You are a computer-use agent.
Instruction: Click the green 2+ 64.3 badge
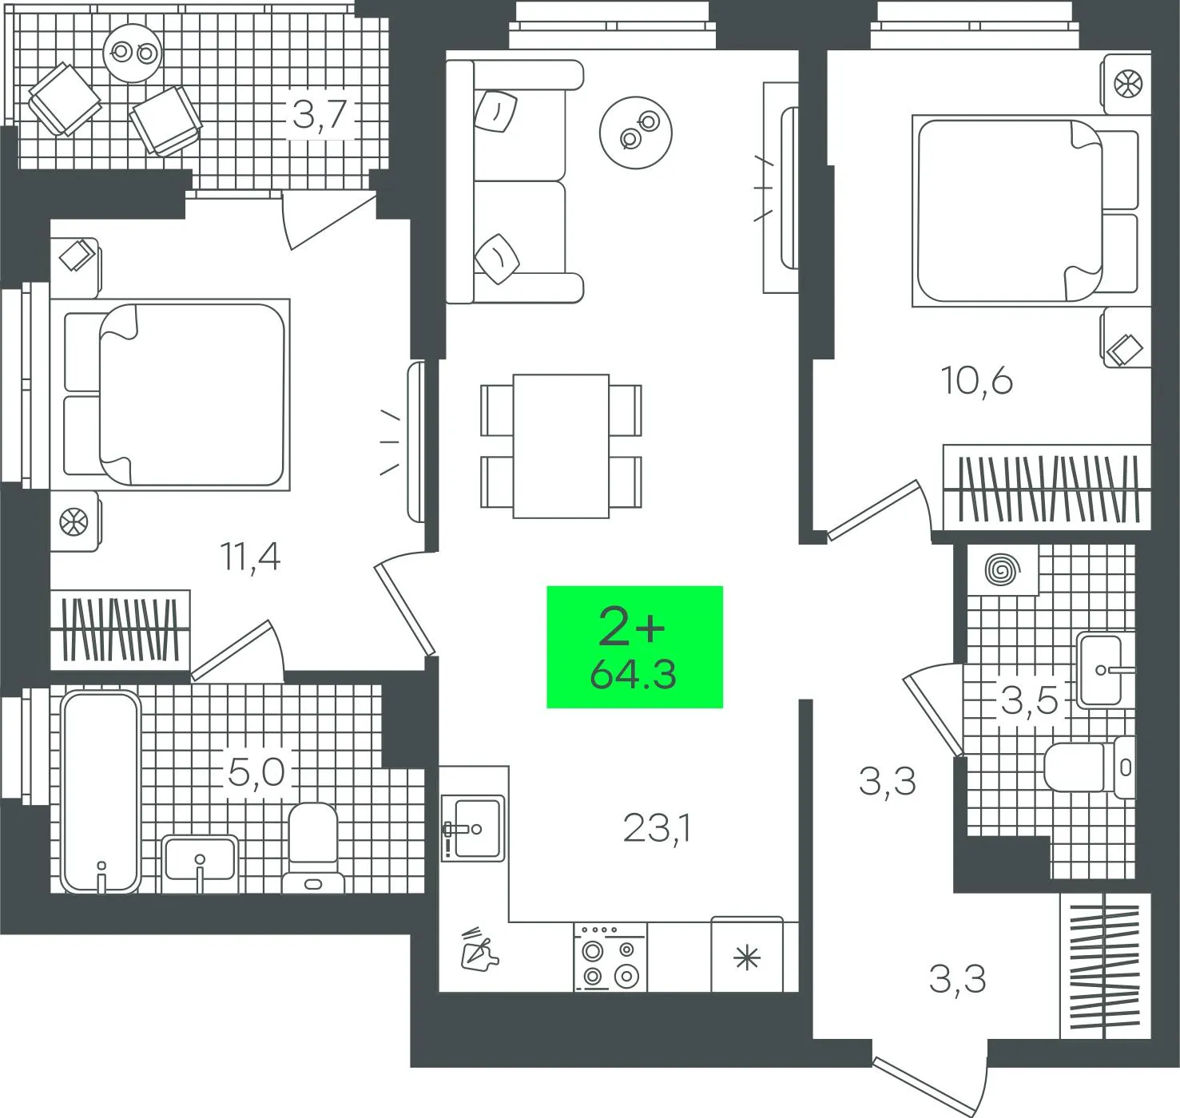point(634,647)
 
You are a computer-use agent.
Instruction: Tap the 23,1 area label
point(657,829)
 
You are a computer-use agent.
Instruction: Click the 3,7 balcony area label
point(319,114)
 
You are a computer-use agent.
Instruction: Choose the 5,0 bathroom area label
point(256,772)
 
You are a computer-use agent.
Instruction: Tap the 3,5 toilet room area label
point(1029,701)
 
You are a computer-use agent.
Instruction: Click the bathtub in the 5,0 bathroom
point(101,791)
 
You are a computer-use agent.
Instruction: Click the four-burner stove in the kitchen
point(610,957)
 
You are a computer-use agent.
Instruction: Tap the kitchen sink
point(474,827)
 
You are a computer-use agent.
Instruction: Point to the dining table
point(561,446)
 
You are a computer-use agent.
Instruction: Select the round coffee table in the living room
point(636,132)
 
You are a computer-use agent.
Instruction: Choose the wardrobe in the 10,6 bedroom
point(1047,488)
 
